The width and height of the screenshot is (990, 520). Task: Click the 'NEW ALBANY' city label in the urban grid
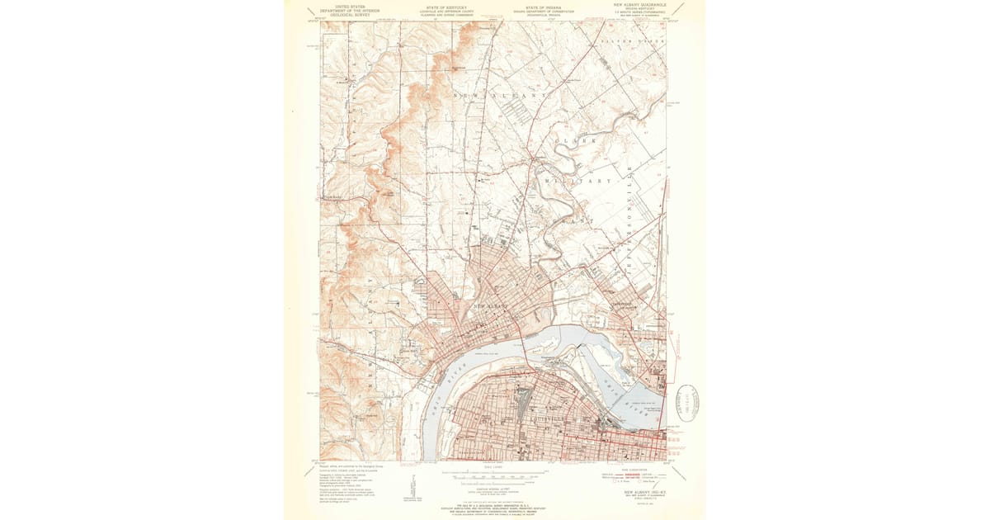pos(492,307)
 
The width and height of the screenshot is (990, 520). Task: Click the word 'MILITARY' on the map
pos(577,181)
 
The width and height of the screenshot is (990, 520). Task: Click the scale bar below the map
pos(493,473)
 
